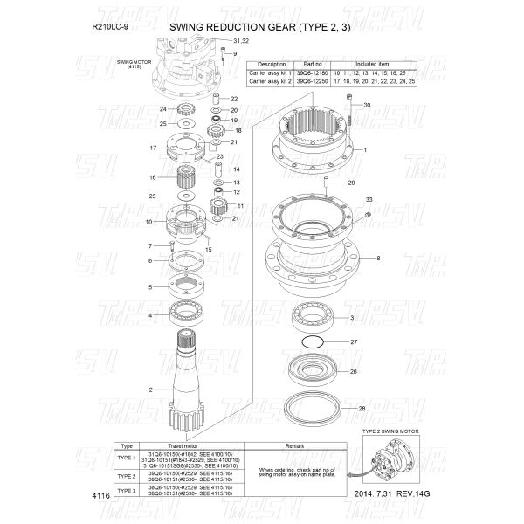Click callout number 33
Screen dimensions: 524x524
point(369,200)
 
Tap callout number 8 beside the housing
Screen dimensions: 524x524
point(377,259)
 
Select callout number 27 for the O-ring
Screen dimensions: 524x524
point(354,342)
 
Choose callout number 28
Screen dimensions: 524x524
point(362,409)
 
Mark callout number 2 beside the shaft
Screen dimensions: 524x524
point(151,389)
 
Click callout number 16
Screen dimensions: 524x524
point(152,177)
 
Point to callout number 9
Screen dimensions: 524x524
point(235,54)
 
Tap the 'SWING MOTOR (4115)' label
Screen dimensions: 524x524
point(134,65)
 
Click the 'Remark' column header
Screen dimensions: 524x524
point(293,445)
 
